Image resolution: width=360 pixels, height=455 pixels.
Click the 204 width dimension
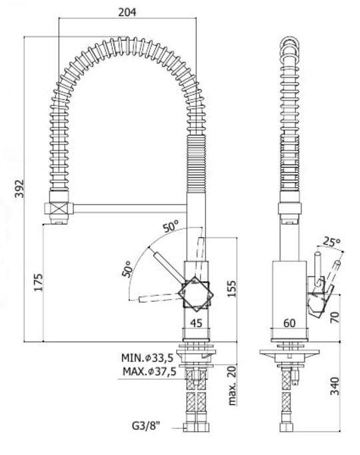click(x=127, y=13)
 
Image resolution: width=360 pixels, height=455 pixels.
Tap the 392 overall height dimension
click(x=20, y=189)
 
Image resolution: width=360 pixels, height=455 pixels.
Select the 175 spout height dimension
click(x=38, y=282)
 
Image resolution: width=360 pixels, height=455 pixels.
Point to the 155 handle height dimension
click(x=231, y=288)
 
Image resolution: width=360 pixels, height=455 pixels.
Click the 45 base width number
click(x=196, y=323)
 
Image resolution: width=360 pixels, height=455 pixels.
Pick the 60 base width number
click(x=289, y=323)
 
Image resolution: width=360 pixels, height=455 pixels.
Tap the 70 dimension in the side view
click(x=335, y=317)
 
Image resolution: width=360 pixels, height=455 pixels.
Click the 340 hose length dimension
click(x=335, y=386)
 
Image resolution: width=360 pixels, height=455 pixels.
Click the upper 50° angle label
click(x=171, y=227)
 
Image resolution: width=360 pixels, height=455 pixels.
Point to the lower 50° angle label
click(x=127, y=269)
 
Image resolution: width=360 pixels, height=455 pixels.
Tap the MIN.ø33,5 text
click(x=147, y=358)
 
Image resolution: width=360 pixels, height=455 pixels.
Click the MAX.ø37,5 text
click(x=149, y=371)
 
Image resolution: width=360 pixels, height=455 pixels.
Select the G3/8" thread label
click(x=146, y=426)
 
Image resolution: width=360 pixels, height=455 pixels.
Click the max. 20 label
click(x=232, y=385)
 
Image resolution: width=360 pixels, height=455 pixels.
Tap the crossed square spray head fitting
click(x=59, y=209)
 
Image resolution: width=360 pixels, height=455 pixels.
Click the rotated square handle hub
click(x=196, y=294)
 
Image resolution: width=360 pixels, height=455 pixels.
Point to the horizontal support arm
click(x=129, y=209)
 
